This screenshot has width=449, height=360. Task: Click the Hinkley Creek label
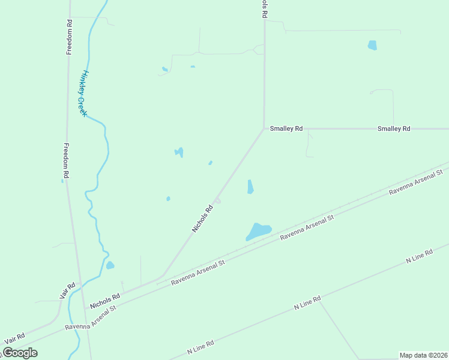click(x=82, y=93)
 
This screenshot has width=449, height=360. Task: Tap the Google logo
click(x=20, y=353)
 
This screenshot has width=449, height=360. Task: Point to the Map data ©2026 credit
click(x=423, y=355)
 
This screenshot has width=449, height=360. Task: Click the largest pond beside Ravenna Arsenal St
click(x=259, y=231)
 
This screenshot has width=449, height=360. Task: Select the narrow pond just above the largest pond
click(x=250, y=187)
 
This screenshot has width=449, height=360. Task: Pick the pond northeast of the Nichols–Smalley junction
click(x=372, y=45)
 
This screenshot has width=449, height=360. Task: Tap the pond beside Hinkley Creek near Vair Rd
click(x=110, y=265)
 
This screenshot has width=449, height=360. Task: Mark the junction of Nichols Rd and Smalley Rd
click(x=264, y=128)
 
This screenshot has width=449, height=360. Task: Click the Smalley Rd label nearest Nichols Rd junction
click(x=286, y=128)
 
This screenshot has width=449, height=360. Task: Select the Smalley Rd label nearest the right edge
click(x=394, y=128)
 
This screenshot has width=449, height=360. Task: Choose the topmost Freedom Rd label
click(x=69, y=37)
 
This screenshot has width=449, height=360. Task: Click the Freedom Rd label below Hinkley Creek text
click(x=67, y=161)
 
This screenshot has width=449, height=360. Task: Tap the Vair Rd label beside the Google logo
click(x=14, y=339)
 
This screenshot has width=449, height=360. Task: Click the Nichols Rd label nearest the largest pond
click(x=202, y=219)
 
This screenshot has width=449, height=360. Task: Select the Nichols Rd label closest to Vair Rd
click(x=105, y=301)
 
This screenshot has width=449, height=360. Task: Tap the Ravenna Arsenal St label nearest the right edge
click(x=416, y=182)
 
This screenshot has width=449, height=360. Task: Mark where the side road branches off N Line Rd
click(x=319, y=299)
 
